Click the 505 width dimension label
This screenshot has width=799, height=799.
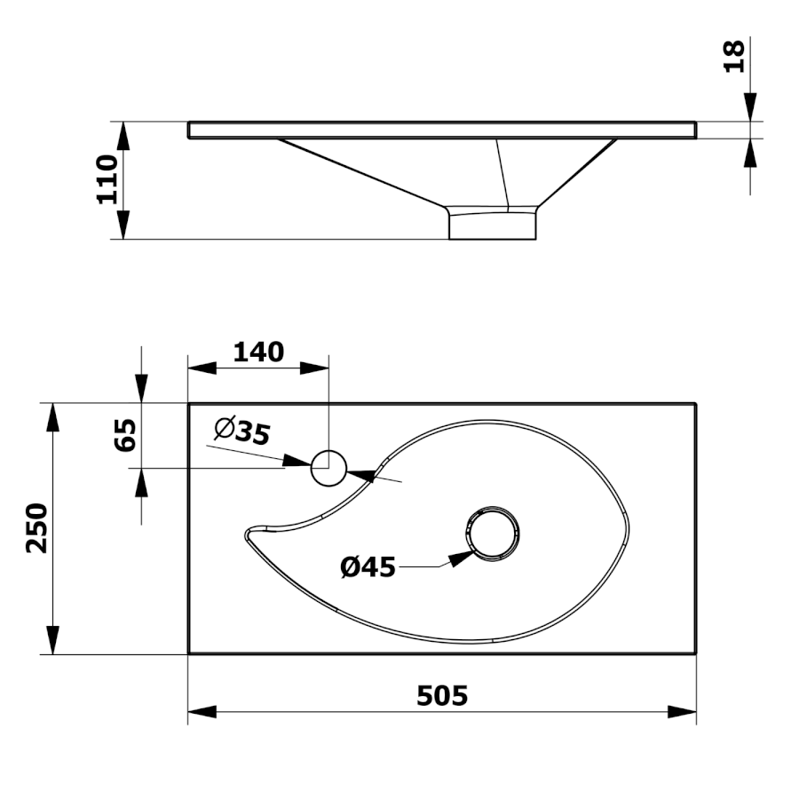442,695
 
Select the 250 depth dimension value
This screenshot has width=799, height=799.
36,528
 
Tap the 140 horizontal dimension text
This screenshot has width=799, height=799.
258,352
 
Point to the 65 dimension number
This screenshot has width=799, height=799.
125,435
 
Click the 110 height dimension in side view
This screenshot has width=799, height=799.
107,179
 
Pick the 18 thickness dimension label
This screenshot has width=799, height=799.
734,56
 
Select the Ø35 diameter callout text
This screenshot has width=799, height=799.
242,431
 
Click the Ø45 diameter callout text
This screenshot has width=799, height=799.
368,567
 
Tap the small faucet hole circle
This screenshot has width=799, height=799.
328,451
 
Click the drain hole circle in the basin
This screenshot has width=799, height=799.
492,508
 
